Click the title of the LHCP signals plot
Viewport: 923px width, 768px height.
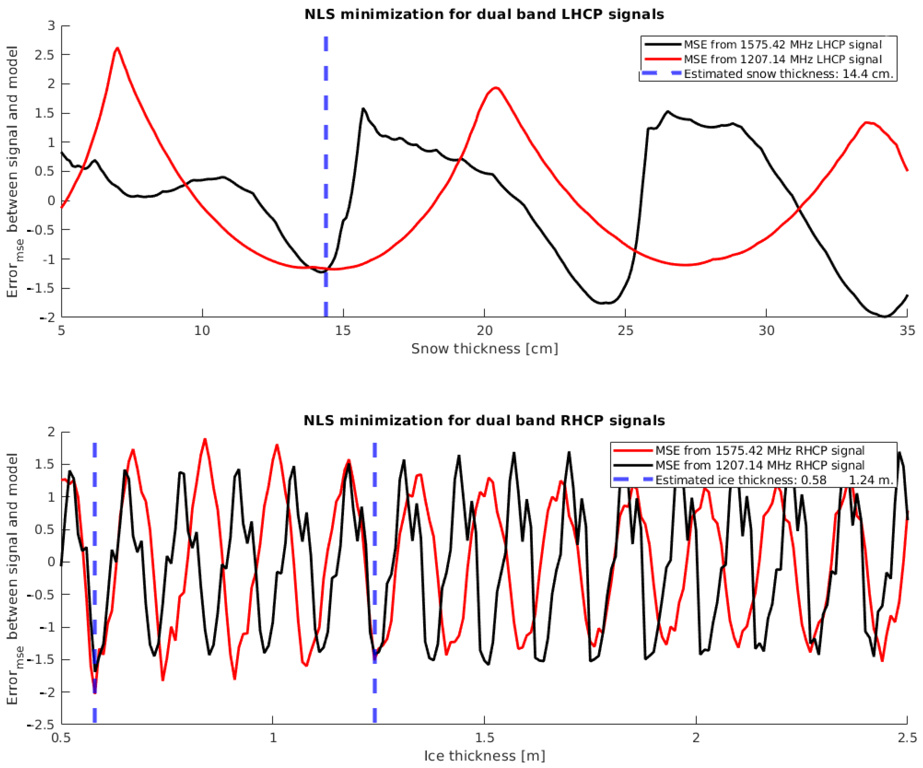click(484, 14)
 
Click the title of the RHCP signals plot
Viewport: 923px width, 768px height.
click(484, 421)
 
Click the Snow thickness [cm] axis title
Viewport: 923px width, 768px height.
click(484, 348)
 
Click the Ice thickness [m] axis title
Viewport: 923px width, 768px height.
click(484, 756)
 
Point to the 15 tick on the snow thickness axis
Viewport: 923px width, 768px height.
click(343, 330)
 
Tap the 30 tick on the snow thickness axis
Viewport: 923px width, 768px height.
click(766, 330)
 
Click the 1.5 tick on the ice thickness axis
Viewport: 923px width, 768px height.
click(484, 738)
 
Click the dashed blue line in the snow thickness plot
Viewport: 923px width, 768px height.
click(326, 176)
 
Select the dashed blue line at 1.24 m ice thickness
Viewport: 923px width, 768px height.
click(375, 571)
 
